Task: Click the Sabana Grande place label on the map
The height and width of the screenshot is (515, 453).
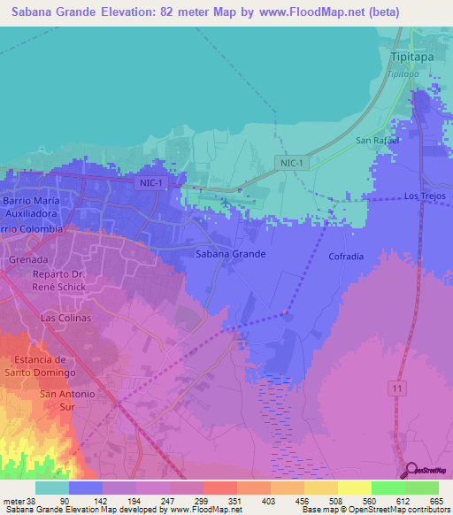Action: coord(229,254)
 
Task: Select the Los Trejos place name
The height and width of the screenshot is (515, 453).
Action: coord(423,196)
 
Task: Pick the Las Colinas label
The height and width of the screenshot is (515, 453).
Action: coord(66,317)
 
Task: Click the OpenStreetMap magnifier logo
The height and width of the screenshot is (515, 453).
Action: coord(411,470)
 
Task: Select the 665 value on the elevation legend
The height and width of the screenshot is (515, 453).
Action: coord(436,501)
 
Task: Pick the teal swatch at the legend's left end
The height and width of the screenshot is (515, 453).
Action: coord(52,488)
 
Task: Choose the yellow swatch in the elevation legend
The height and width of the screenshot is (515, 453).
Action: coord(355,488)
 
